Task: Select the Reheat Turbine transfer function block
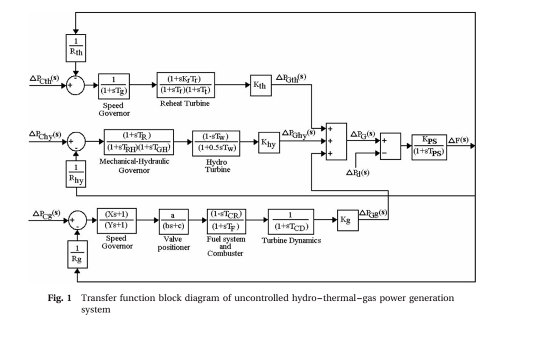pyautogui.click(x=186, y=84)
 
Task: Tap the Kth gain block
pyautogui.click(x=261, y=85)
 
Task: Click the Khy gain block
pyautogui.click(x=268, y=142)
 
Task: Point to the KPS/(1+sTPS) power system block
pyautogui.click(x=429, y=147)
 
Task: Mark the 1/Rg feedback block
pyautogui.click(x=78, y=253)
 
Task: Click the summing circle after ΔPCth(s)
pyautogui.click(x=76, y=85)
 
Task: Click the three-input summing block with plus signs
pyautogui.click(x=336, y=141)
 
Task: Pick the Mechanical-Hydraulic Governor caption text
pyautogui.click(x=134, y=166)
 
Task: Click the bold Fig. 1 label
pyautogui.click(x=60, y=298)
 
